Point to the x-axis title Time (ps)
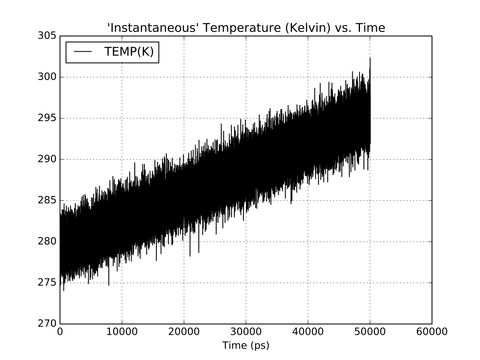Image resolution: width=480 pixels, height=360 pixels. (x=246, y=345)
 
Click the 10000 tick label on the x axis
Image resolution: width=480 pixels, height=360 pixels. (x=122, y=332)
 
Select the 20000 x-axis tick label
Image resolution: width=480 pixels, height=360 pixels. (x=184, y=332)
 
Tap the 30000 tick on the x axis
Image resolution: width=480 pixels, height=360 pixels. (x=246, y=332)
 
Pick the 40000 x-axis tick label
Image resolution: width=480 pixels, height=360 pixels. (x=308, y=332)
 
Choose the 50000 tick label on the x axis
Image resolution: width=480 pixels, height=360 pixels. (x=370, y=332)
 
